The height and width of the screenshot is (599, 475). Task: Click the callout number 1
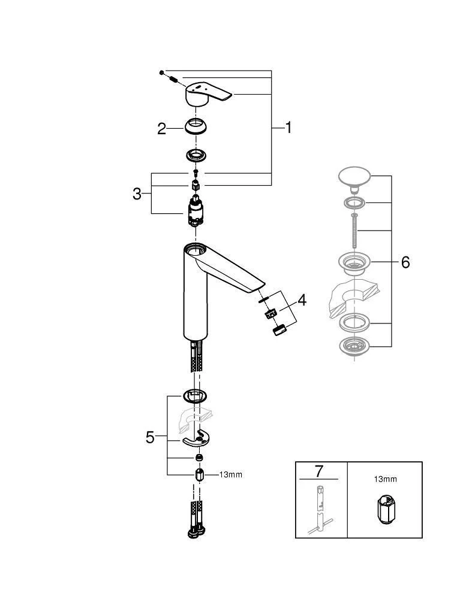point(288,127)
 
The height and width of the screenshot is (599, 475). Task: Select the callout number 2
point(161,128)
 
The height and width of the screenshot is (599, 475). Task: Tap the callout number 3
point(137,193)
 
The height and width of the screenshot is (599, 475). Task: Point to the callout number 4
point(302,299)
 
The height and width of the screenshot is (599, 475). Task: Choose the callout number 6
point(405,262)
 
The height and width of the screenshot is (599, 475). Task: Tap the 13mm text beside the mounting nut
point(231,475)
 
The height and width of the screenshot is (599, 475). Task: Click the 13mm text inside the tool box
point(384,479)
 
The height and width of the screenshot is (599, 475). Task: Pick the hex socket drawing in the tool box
point(384,509)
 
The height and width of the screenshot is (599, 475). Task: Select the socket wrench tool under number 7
point(319,509)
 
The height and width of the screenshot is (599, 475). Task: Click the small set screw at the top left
point(162,72)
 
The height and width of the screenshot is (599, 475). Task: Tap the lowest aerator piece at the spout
point(278,330)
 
